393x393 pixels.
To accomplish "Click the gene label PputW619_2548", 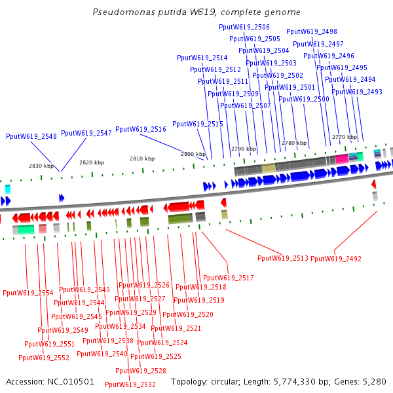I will pos(31,136).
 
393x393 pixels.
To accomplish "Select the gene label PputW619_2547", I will pos(86,133).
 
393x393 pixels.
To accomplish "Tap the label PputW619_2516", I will pos(140,129).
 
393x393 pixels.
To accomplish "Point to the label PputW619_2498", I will pos(312,31).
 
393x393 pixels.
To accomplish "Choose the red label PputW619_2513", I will pos(282,258).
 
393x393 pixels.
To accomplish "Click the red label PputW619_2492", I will pos(335,259).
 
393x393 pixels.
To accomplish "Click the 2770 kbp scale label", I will pos(344,137).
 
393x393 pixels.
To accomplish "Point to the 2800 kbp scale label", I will pos(193,153).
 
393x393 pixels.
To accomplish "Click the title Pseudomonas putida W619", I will pos(196,12).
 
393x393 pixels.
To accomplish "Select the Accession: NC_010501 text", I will pos(50,381).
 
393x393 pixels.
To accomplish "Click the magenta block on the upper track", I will pos(341,159).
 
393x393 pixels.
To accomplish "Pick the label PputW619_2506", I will pos(244,27).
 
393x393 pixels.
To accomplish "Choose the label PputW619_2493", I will pos(357,92).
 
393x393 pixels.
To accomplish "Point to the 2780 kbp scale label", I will pos(294,142).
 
